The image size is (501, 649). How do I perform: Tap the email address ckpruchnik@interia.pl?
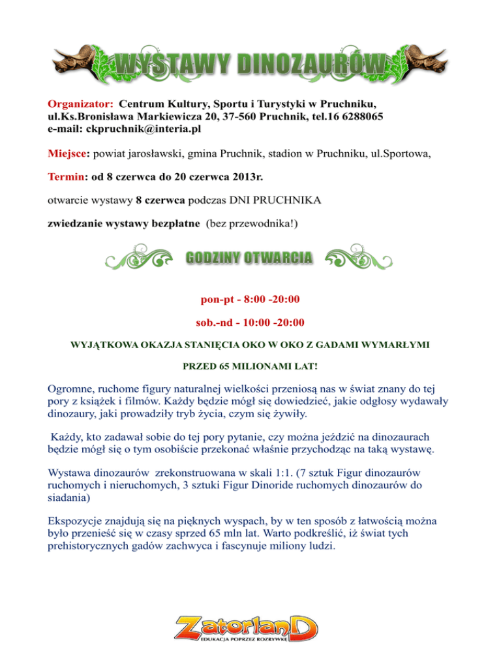pyautogui.click(x=125, y=129)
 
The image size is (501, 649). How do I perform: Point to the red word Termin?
pyautogui.click(x=66, y=177)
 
